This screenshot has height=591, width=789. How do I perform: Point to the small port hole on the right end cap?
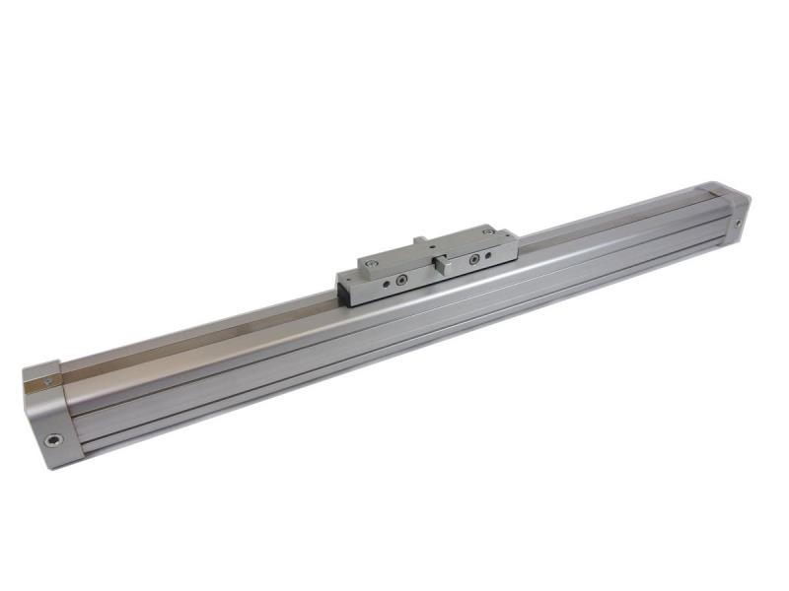coord(738,223)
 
